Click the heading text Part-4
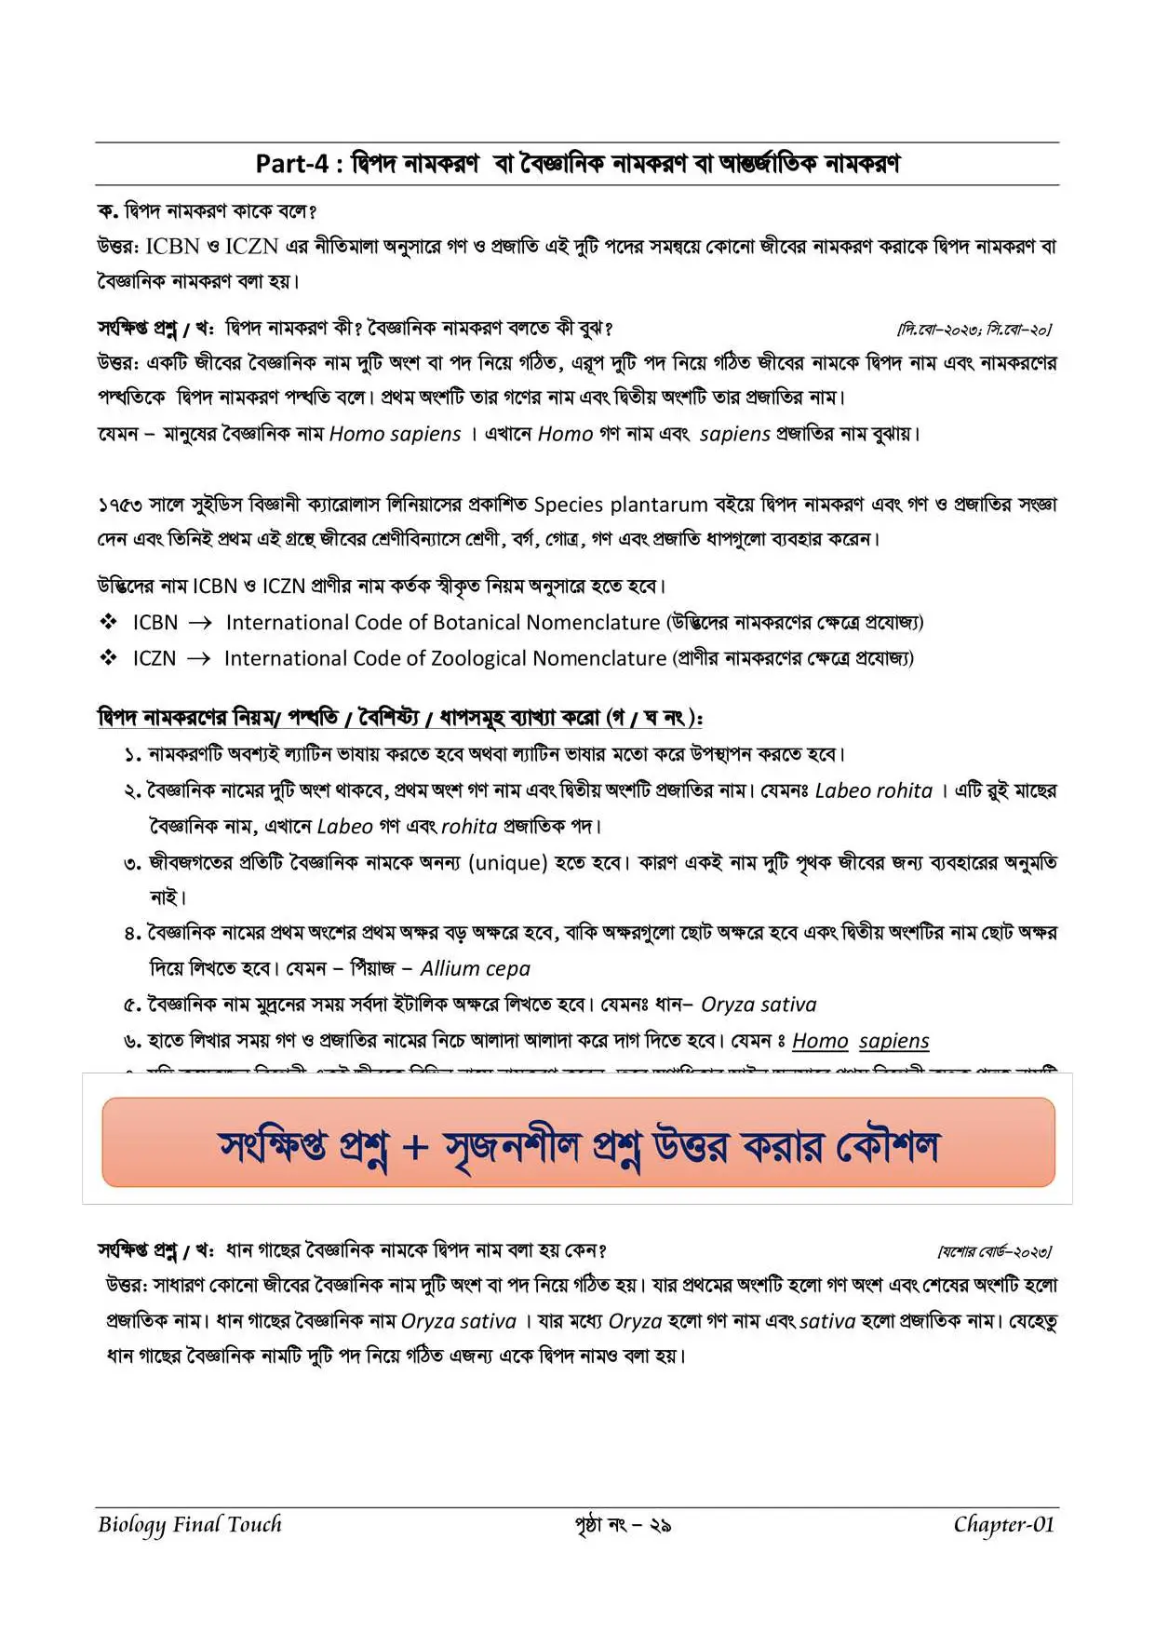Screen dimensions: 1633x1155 (291, 164)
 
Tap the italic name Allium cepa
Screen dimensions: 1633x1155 (475, 968)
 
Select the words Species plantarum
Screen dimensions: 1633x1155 (620, 505)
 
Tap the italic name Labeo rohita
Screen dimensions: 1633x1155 (873, 790)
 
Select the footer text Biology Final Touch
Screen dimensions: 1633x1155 (189, 1524)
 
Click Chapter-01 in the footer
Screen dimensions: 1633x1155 (1003, 1524)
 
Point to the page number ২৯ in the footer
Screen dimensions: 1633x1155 (661, 1525)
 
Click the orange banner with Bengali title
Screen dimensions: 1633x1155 (578, 1142)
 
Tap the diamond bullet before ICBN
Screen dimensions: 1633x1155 (109, 622)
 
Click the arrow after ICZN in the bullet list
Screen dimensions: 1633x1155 (198, 659)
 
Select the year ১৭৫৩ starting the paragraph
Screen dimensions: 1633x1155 (120, 505)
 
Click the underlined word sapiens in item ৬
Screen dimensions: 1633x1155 (893, 1041)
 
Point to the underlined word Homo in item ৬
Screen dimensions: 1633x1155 (820, 1041)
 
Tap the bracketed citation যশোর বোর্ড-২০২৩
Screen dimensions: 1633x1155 (994, 1251)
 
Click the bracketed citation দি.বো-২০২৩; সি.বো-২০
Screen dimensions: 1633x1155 (974, 330)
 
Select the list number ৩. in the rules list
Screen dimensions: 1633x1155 (132, 863)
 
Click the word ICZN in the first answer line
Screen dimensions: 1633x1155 (251, 247)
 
